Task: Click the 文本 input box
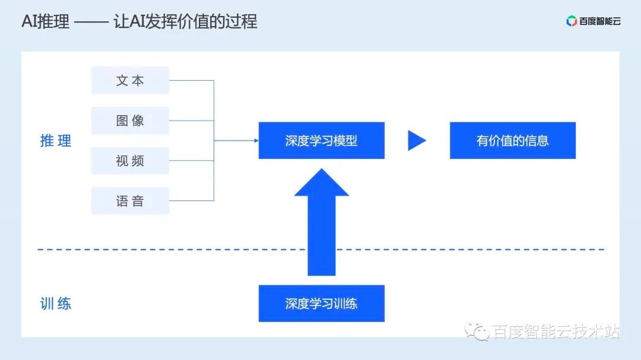tap(130, 81)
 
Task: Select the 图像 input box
tap(130, 120)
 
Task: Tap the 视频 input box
tap(130, 161)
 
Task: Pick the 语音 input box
tap(130, 201)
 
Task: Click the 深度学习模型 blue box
tap(321, 141)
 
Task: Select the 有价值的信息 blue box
tap(512, 141)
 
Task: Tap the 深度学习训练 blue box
tap(321, 304)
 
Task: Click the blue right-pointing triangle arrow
tap(416, 141)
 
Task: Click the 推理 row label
tap(56, 141)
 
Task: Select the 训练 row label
tap(56, 304)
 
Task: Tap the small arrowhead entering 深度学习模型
tap(256, 141)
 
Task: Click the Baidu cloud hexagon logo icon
tap(572, 21)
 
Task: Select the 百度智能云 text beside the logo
tap(600, 21)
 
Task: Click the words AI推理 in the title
tap(45, 22)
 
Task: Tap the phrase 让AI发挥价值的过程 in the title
tap(185, 22)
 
